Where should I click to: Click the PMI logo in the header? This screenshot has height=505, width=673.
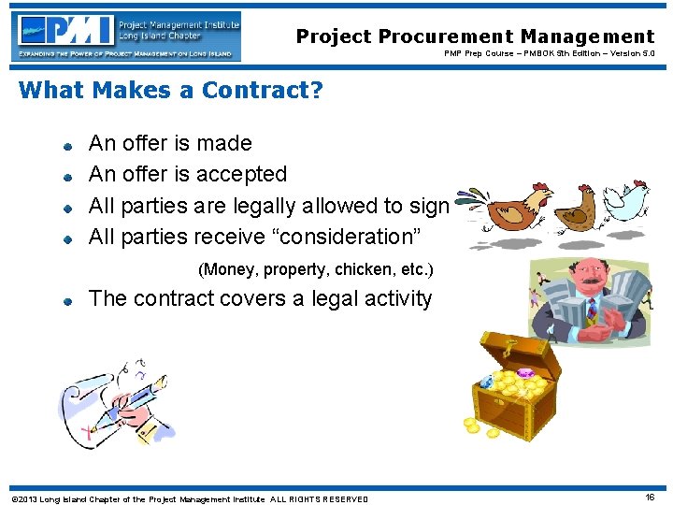click(x=128, y=36)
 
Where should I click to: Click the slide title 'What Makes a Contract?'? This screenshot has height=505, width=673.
click(x=170, y=90)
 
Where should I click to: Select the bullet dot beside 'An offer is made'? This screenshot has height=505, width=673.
click(x=69, y=146)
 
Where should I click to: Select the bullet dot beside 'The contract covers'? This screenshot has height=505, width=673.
click(x=69, y=302)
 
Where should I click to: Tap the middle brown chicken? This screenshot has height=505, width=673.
click(x=573, y=207)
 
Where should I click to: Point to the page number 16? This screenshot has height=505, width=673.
click(x=649, y=498)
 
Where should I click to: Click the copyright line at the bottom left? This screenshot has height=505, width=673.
click(x=187, y=498)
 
